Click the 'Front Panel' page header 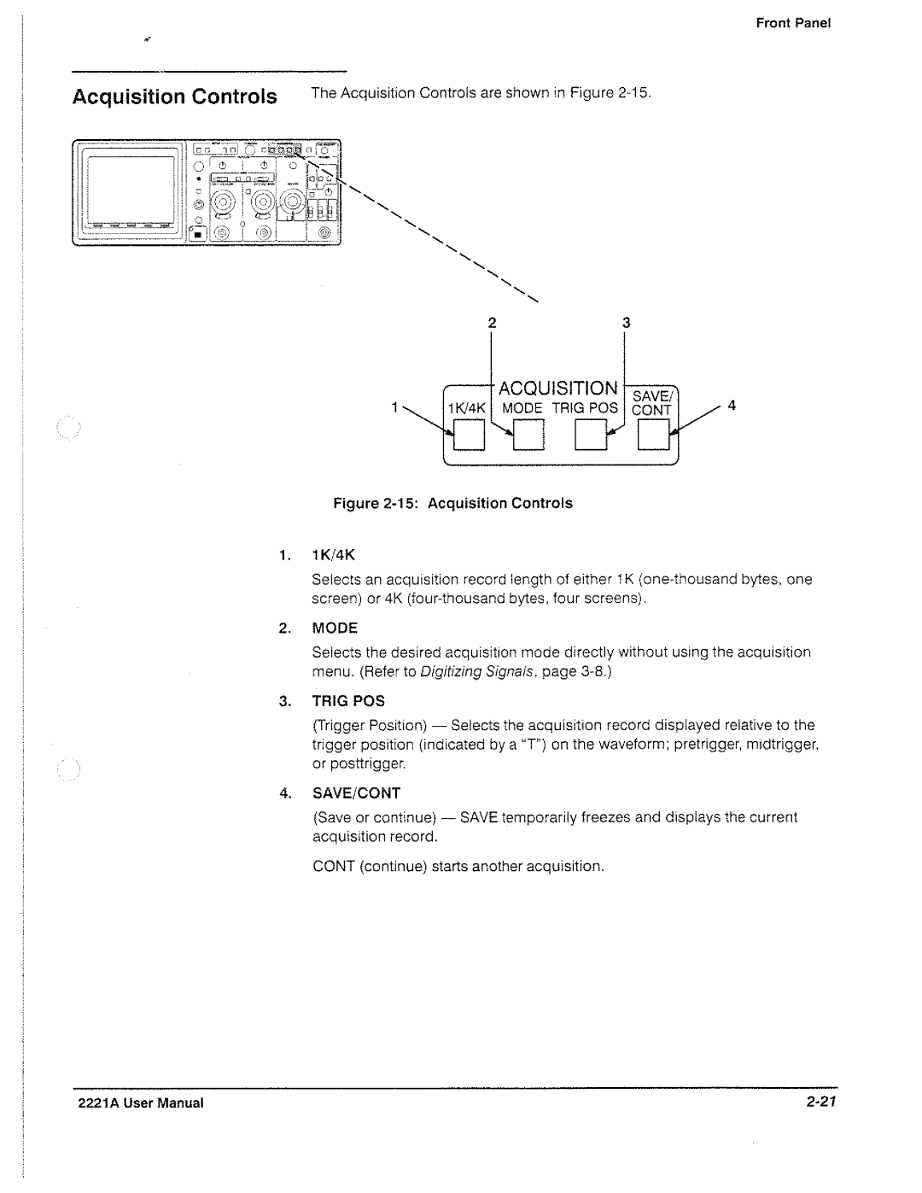pos(793,23)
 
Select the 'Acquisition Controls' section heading pos(174,97)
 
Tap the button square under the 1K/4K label pos(470,435)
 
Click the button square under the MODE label pos(528,435)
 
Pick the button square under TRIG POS pos(591,435)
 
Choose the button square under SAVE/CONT pos(654,435)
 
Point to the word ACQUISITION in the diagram pos(558,389)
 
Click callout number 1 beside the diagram pos(394,406)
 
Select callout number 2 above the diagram pos(492,323)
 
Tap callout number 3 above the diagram pos(627,323)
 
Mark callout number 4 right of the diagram pos(731,405)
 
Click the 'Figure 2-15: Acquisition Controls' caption pos(452,504)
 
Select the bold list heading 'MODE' pos(335,628)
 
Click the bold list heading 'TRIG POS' pos(348,701)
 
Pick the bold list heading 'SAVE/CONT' pos(356,793)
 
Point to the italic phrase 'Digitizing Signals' pos(477,671)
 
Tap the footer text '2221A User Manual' pos(141,1103)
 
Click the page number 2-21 pos(821,1102)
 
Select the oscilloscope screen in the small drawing pos(131,193)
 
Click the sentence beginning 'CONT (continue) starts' pos(458,866)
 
